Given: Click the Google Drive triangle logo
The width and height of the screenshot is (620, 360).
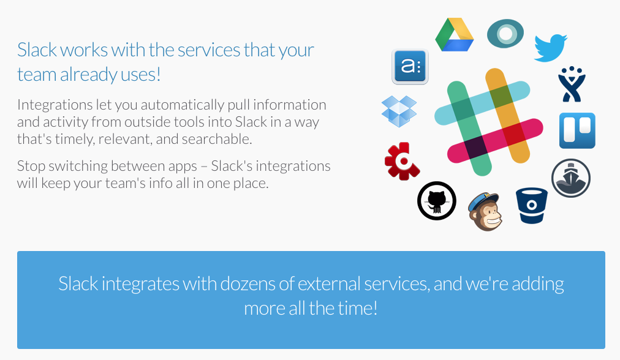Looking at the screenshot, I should (455, 36).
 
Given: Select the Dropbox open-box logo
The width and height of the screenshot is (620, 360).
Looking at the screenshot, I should (399, 111).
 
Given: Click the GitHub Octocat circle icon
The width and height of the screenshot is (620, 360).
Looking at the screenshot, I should (436, 200).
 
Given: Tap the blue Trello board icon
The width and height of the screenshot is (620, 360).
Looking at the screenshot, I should (577, 130).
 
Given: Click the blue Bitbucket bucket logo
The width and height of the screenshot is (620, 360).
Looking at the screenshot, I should (531, 205).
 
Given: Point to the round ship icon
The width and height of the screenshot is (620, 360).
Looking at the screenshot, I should (570, 178).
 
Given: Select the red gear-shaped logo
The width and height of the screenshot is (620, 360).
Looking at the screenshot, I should (401, 161).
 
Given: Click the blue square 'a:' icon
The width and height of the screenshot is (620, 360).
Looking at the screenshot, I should (409, 66).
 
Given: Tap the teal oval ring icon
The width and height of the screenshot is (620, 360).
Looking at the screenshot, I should (505, 34).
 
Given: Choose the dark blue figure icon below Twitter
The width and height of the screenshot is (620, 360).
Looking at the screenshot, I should (572, 84).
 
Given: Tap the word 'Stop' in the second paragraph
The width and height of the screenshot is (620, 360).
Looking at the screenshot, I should (30, 166).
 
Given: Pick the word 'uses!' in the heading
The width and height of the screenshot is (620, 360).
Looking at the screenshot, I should (142, 75).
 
